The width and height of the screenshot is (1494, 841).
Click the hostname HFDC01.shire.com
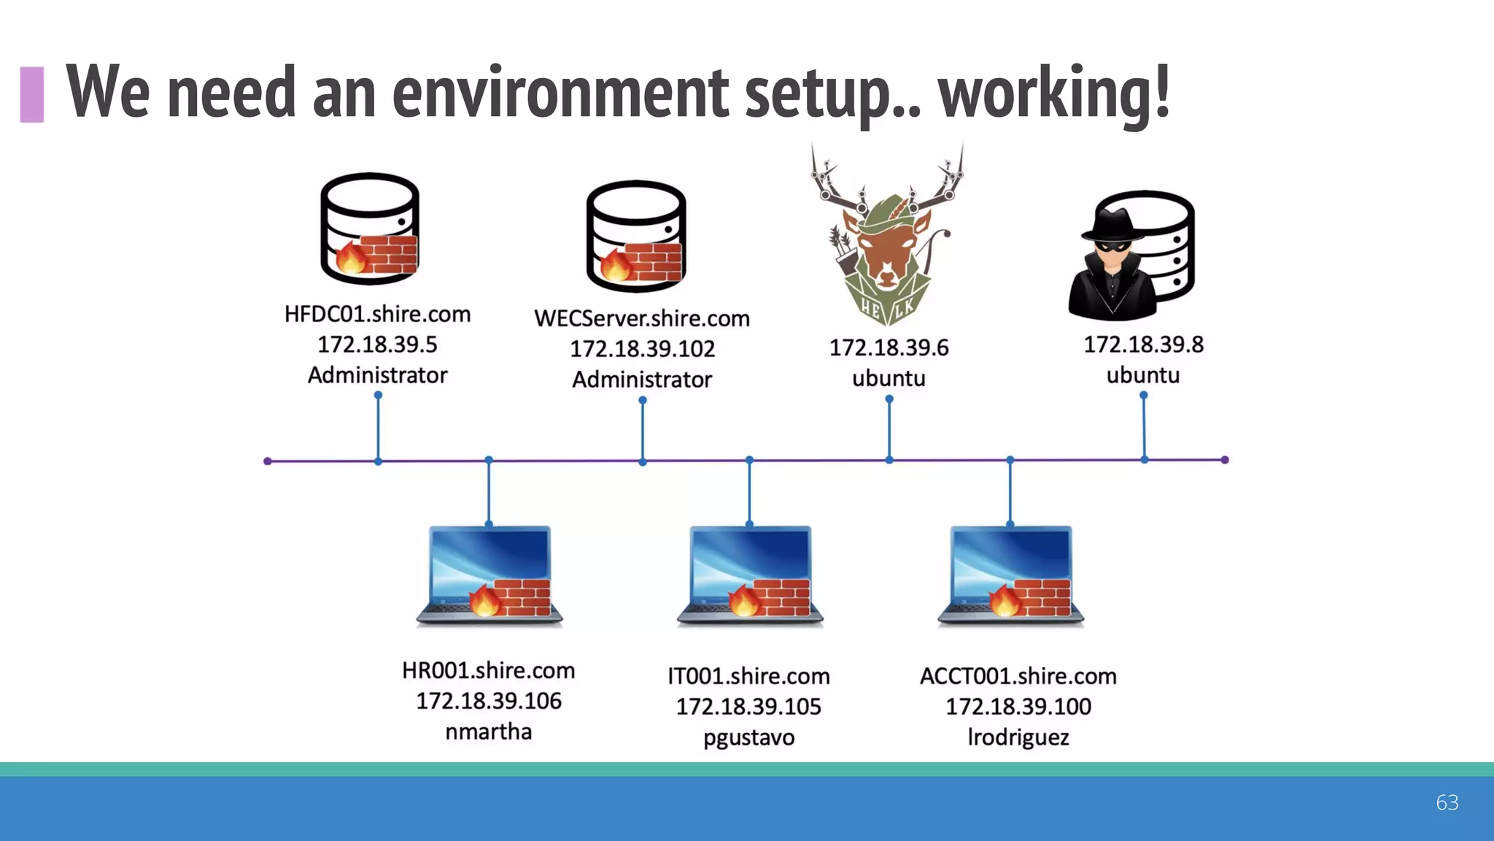(377, 314)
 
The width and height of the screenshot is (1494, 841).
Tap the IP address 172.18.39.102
(642, 349)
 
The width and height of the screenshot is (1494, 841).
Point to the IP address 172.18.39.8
(1143, 345)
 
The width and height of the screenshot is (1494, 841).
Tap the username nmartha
(488, 731)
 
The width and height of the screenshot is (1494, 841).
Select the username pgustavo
(748, 737)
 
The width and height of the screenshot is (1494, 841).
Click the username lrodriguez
(1018, 737)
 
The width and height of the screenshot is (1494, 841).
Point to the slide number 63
(1447, 802)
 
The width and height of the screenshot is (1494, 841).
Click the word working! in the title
(1054, 93)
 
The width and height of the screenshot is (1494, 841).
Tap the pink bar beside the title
(32, 94)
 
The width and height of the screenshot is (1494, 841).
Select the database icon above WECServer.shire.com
(636, 235)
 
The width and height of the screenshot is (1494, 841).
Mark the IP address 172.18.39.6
(889, 347)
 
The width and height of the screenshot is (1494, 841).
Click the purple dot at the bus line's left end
(268, 461)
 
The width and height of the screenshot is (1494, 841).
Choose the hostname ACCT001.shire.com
(1018, 676)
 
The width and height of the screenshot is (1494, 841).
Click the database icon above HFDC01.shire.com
(370, 229)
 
